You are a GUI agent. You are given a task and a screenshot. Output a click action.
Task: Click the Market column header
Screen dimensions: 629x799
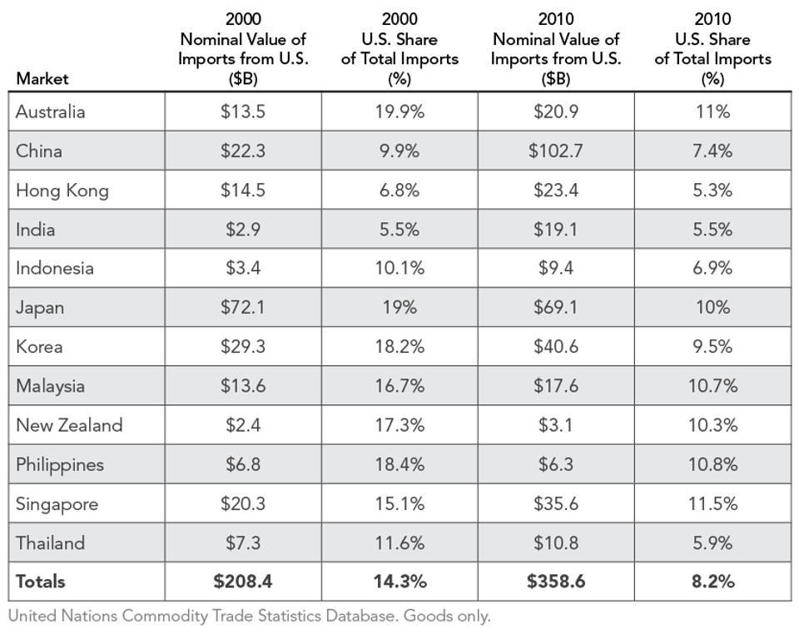42,79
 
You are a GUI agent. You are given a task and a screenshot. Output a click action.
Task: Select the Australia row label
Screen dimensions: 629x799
51,111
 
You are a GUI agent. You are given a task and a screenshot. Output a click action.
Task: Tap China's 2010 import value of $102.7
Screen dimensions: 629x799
556,151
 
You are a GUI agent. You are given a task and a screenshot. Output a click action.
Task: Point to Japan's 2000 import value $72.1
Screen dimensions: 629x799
243,307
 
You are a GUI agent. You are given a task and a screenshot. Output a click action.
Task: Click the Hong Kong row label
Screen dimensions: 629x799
62,191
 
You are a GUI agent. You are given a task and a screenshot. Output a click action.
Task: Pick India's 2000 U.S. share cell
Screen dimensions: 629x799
399,230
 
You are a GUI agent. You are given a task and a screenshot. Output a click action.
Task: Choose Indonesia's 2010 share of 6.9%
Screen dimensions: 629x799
712,268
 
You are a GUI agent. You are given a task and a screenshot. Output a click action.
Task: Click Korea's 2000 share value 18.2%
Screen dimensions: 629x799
399,347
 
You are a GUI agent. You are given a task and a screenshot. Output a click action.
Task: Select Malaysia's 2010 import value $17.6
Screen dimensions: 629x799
556,386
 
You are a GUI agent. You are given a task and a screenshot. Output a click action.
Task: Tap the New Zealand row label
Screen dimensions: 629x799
69,425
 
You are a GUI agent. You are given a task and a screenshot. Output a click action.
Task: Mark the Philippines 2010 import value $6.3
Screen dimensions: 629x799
556,464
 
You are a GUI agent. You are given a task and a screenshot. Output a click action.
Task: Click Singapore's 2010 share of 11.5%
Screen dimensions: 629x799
712,504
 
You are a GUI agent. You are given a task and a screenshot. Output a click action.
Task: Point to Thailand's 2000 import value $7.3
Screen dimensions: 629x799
243,543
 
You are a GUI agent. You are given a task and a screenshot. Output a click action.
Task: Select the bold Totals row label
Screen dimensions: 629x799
41,582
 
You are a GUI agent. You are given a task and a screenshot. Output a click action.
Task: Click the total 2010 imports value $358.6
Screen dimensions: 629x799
556,582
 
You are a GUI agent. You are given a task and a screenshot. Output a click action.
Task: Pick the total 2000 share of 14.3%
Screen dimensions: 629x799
399,582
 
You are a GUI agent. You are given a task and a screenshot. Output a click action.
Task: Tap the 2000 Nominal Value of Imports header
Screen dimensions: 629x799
243,49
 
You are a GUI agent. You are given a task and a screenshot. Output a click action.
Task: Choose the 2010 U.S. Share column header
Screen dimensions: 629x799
712,49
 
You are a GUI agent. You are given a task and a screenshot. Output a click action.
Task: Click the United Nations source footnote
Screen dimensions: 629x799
250,617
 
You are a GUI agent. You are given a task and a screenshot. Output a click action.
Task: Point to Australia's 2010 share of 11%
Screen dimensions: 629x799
712,111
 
